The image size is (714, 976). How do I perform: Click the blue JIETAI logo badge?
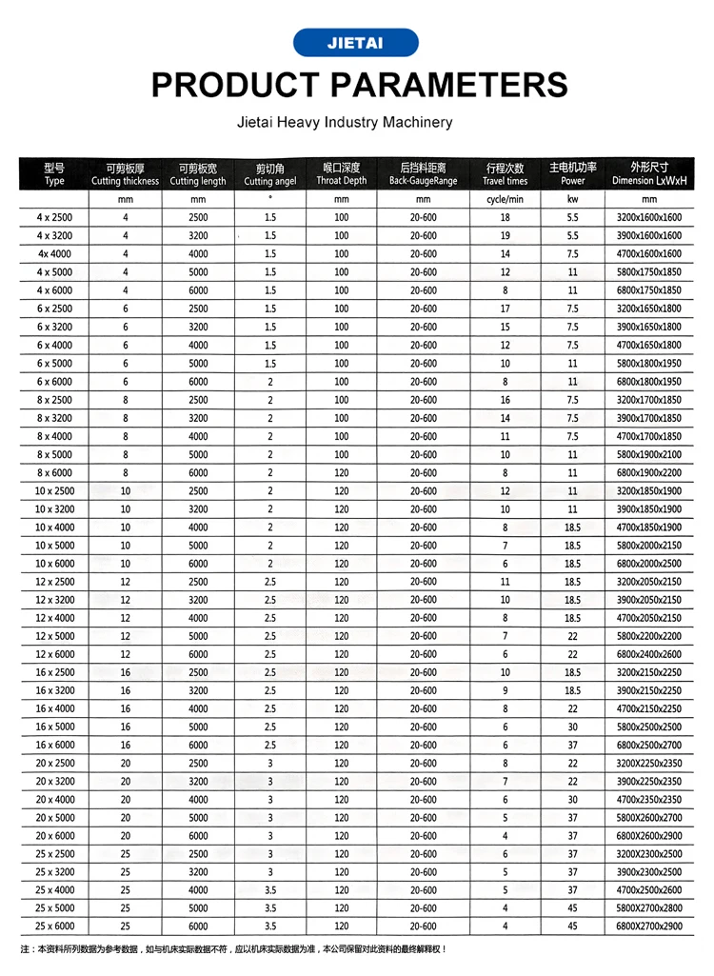click(x=355, y=43)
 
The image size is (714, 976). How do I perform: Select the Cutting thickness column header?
click(x=125, y=174)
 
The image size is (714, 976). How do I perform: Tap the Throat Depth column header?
click(x=341, y=174)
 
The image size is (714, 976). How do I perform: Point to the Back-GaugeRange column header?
click(x=423, y=174)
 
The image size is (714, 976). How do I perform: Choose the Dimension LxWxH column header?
click(x=649, y=174)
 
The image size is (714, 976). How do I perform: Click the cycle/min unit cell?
click(x=505, y=200)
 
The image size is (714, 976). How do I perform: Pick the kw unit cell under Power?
click(x=572, y=200)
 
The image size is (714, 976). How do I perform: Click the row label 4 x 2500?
click(x=54, y=218)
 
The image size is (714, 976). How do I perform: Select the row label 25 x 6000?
click(x=54, y=926)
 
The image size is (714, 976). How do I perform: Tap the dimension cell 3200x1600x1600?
click(x=649, y=218)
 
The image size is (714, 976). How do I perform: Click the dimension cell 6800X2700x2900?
click(x=649, y=926)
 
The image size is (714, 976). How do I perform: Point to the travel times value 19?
click(x=505, y=236)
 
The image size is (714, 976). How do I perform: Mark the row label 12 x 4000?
click(x=54, y=618)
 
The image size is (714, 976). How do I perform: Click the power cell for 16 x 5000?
click(x=572, y=727)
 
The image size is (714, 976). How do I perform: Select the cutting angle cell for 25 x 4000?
click(x=270, y=889)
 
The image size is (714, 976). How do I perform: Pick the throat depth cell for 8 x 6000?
click(x=341, y=472)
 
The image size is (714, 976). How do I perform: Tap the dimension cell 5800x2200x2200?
click(x=649, y=636)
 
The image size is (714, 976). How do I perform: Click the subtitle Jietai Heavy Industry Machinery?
click(x=345, y=123)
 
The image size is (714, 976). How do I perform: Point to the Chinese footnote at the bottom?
click(x=233, y=949)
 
